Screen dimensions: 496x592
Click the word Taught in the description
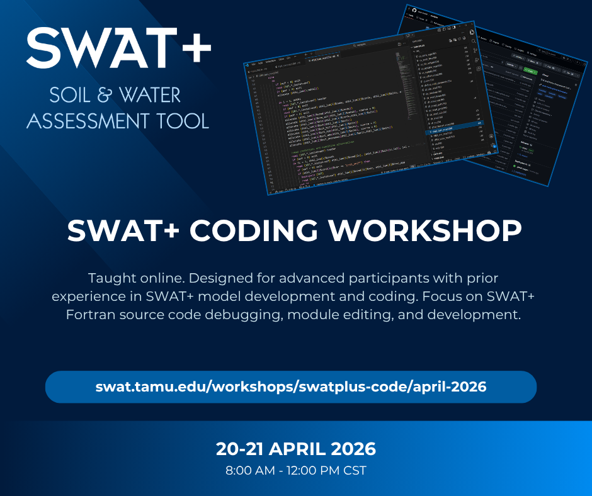coord(110,278)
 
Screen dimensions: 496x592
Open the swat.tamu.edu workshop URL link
coord(291,386)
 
